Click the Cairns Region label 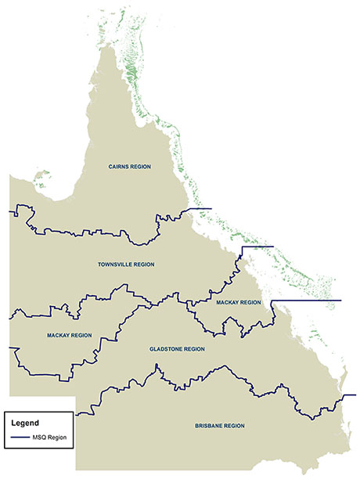[x=129, y=167]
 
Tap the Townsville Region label [x=126, y=265]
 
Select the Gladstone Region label [x=177, y=349]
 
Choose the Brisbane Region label [x=220, y=426]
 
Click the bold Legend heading [x=25, y=423]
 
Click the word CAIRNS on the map [x=120, y=167]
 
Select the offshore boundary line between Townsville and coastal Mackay [x=258, y=247]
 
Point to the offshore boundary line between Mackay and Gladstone [x=309, y=301]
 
